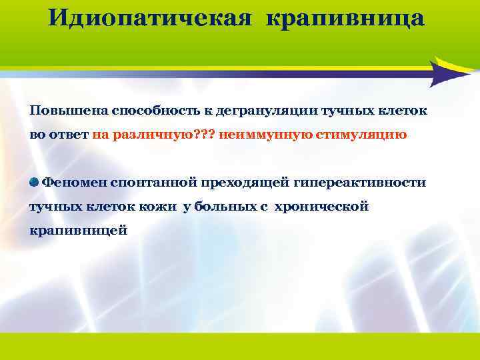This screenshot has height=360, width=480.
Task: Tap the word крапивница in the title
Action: pyautogui.click(x=345, y=19)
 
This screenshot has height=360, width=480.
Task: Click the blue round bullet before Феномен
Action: pyautogui.click(x=34, y=182)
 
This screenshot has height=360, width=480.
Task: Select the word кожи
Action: pyautogui.click(x=164, y=207)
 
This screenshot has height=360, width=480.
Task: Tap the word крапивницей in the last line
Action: pyautogui.click(x=78, y=231)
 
